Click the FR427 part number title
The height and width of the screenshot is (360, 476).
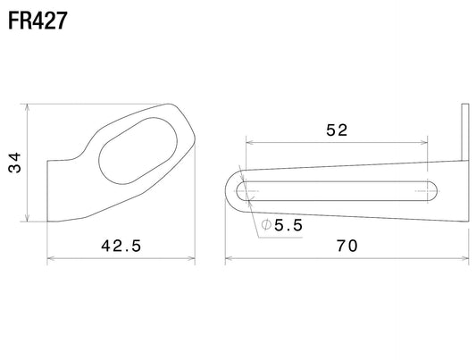[x=38, y=21]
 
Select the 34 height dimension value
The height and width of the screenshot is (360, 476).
[x=14, y=163]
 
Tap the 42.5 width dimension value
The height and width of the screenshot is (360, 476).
[x=121, y=246]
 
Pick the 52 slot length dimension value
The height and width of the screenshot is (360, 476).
[x=337, y=130]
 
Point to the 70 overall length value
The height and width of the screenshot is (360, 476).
[x=347, y=246]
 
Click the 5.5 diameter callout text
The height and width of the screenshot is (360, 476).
[x=288, y=225]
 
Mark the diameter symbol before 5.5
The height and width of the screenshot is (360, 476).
[x=266, y=225]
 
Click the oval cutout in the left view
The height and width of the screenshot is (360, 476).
[x=138, y=151]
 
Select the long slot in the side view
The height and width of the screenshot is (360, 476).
[x=338, y=191]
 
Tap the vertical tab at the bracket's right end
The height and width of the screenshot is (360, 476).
[x=465, y=132]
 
